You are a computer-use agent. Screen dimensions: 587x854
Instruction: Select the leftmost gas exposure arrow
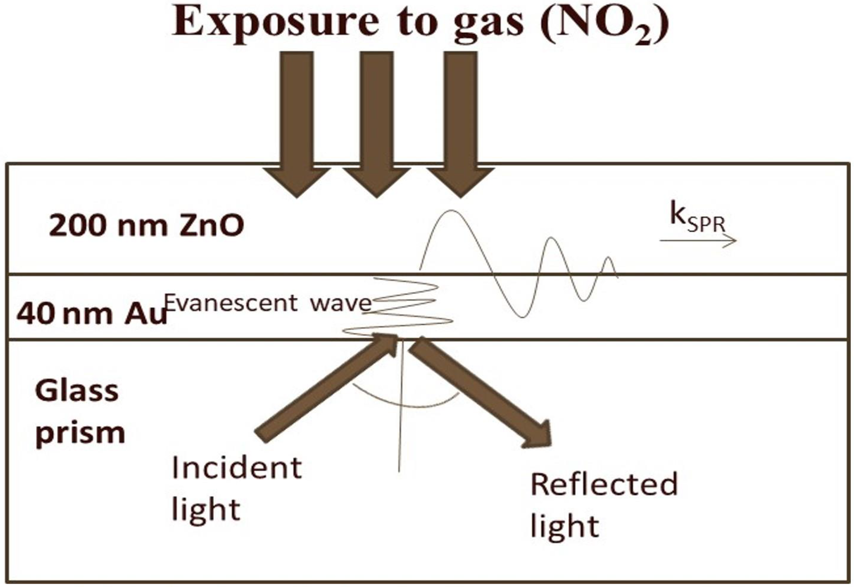tap(296, 124)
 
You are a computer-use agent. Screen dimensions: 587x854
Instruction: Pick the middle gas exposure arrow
tap(376, 124)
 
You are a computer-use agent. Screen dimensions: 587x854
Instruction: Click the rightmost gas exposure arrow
tap(460, 124)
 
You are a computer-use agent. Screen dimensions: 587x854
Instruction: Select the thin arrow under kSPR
tap(698, 240)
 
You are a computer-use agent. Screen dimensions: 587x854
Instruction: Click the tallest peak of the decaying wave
tap(450, 213)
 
